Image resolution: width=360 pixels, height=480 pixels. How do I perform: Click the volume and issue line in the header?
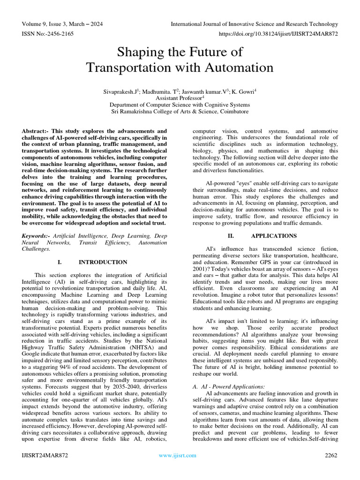click(x=63, y=24)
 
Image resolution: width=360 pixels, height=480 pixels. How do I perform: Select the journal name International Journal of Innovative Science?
click(x=254, y=24)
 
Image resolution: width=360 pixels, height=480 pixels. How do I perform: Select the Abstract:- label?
click(x=36, y=131)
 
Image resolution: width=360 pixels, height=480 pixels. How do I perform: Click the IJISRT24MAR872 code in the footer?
click(x=45, y=455)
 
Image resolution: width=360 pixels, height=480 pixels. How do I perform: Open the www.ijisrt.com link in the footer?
click(x=178, y=455)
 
